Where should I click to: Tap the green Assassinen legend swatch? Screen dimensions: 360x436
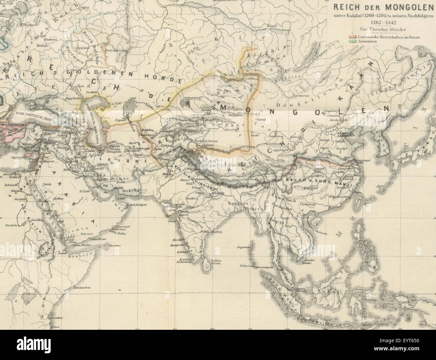pos(352,41)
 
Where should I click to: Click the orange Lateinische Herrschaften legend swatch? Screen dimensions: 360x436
pos(352,37)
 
